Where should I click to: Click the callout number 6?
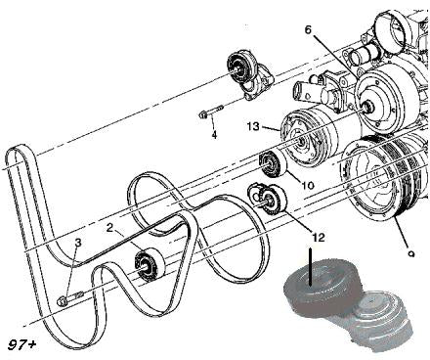coord(308,29)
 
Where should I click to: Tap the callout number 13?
coord(253,126)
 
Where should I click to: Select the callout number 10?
coord(308,185)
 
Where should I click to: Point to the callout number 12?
coord(319,238)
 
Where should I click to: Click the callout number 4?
coord(214,135)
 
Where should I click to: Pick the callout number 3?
coord(78,243)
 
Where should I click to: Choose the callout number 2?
coord(110,228)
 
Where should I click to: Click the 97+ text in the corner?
coord(21,345)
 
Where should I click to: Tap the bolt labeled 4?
coord(210,112)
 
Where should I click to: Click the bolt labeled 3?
coord(69,298)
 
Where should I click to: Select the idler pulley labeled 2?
coord(150,264)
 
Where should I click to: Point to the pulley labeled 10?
coord(273,164)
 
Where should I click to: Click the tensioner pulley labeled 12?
coord(268,200)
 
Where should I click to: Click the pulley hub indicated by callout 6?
coord(368,107)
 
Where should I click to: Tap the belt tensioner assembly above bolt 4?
coord(249,74)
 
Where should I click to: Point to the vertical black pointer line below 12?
coord(311,267)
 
